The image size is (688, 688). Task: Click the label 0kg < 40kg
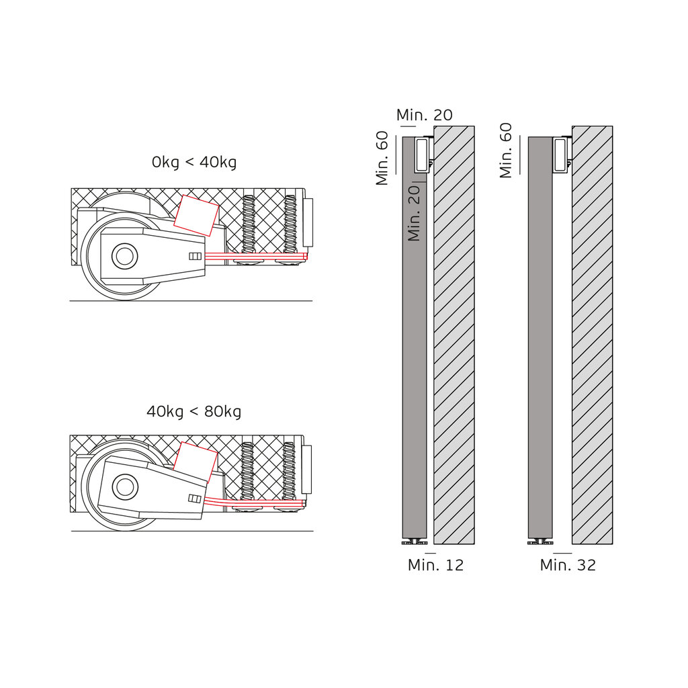tap(194, 163)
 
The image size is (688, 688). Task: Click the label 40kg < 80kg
tap(194, 412)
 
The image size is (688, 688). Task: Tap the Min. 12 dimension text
tap(435, 564)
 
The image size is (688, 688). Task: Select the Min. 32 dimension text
tap(568, 564)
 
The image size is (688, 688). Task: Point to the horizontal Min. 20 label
tap(425, 115)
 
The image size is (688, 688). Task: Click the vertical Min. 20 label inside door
tap(414, 213)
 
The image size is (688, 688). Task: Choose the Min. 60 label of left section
tap(382, 158)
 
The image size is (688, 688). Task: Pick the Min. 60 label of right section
tap(506, 150)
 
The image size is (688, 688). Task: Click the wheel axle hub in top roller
tap(124, 256)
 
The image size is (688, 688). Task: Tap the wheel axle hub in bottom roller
tap(125, 486)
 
